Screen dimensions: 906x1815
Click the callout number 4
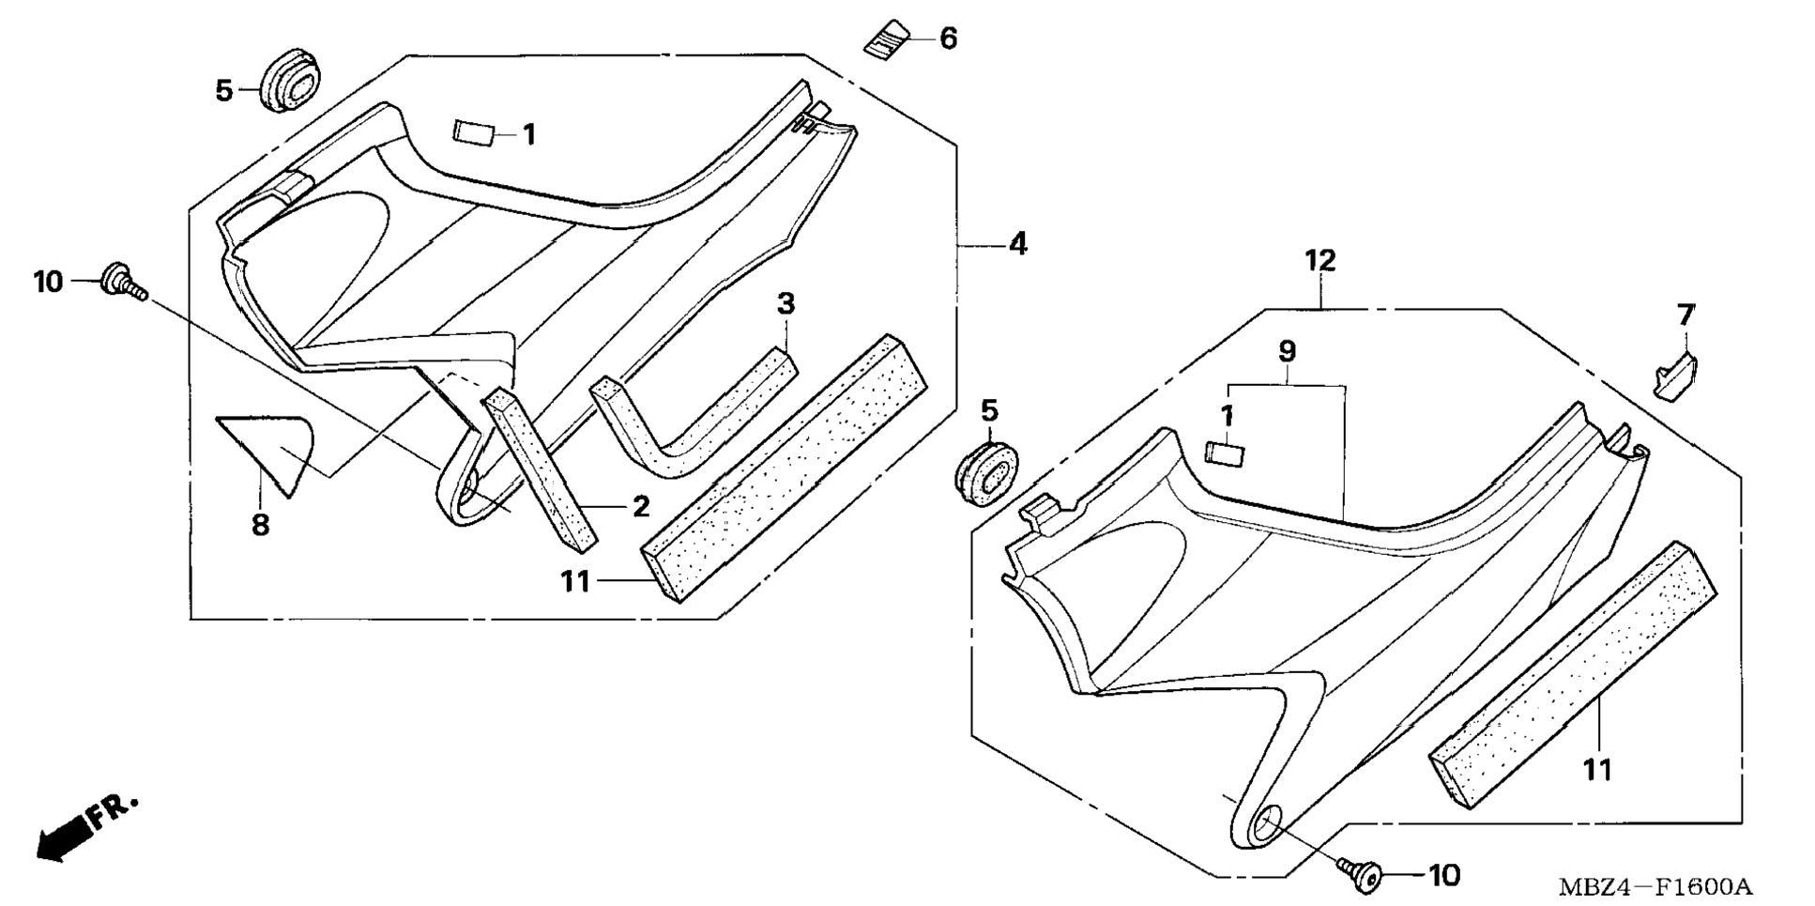[x=1017, y=244]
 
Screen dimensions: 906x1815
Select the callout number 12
[x=1319, y=261]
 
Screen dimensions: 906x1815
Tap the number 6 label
[x=948, y=38]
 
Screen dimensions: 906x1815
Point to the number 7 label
[x=1685, y=315]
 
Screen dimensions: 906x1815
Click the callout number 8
[x=260, y=526]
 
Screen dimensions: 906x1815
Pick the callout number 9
[x=1287, y=352]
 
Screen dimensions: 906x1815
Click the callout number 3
[x=785, y=303]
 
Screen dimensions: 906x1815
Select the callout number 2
[x=641, y=507]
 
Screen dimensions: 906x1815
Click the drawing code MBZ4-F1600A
[x=1655, y=886]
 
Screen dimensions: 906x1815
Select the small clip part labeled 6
[x=887, y=39]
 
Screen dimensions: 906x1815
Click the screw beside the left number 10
[x=123, y=281]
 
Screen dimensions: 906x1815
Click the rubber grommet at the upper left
[x=287, y=83]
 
